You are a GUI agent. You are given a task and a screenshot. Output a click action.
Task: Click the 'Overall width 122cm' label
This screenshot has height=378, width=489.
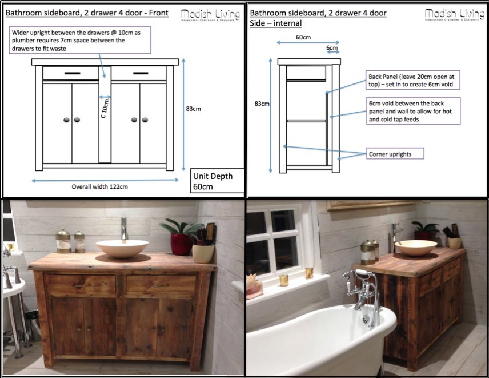[99, 186]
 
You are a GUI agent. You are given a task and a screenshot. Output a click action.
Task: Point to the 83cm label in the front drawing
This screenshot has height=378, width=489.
[193, 109]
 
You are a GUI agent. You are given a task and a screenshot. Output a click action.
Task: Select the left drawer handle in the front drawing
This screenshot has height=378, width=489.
[72, 73]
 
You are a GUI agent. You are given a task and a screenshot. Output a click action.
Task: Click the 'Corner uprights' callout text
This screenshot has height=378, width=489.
[389, 154]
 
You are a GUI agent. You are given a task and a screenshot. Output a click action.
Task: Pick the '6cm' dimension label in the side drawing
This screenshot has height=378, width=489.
[331, 48]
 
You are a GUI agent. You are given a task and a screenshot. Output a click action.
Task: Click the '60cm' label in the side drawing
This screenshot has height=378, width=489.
[303, 37]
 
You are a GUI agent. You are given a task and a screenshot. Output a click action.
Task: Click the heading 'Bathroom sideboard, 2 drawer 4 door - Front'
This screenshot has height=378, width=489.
[86, 13]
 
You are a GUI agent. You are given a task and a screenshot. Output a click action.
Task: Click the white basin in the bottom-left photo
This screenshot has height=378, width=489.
[122, 248]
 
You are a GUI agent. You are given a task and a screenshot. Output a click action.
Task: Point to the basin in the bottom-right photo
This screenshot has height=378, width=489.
[416, 247]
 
